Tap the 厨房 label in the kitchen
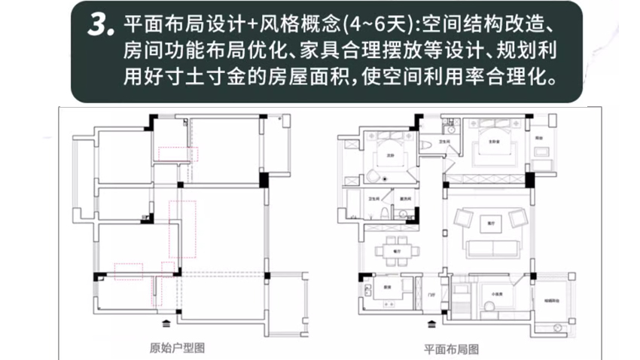(384, 287)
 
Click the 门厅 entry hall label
(431, 294)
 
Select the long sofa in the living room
(489, 248)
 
